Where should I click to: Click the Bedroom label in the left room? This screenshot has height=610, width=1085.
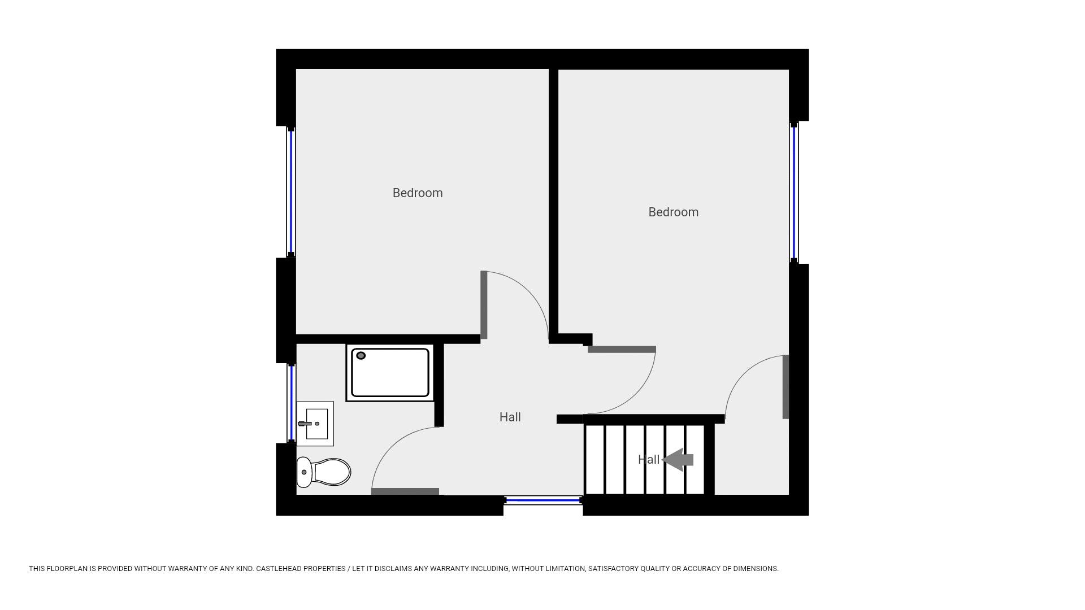coord(418,193)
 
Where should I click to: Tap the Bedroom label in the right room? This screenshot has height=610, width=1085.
coord(673,212)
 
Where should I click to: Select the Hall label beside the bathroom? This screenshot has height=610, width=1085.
coord(510,417)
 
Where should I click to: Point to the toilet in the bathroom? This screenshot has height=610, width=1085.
coord(324,472)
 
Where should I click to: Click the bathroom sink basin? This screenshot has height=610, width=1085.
coord(316,424)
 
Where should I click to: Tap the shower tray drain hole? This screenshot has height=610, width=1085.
coord(361,356)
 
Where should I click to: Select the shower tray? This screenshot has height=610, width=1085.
coord(390,373)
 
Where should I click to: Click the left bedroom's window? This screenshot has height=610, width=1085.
coord(291,192)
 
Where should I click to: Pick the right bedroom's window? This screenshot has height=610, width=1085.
coord(794,192)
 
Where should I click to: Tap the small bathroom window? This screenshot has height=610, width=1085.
coord(292,403)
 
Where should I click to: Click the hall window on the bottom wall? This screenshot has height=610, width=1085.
coord(542,500)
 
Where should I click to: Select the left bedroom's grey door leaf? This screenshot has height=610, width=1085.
coord(484,305)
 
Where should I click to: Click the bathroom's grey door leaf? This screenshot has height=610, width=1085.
coord(405,491)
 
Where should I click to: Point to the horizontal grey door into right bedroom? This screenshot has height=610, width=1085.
coord(622,350)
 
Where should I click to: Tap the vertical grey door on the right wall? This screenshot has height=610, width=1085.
coord(785,387)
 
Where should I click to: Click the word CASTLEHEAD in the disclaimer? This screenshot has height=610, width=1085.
coord(279,569)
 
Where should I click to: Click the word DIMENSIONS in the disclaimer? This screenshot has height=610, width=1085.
coord(756,569)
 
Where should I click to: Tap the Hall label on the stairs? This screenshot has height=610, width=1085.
coord(648,460)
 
